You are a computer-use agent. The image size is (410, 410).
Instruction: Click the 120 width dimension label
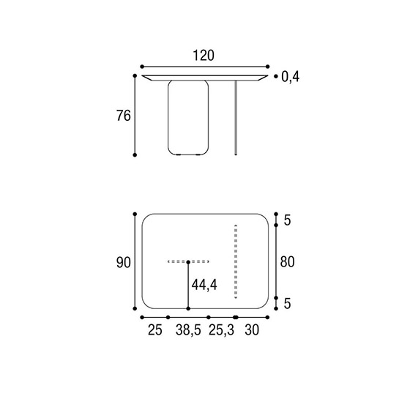point(204,56)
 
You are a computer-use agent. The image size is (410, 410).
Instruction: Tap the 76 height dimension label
point(124,116)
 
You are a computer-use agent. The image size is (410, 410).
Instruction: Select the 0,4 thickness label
point(290,77)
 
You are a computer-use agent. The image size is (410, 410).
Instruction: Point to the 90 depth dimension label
point(124,263)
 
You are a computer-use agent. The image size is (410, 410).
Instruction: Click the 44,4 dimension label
point(204,285)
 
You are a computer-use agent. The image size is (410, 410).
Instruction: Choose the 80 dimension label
point(287,262)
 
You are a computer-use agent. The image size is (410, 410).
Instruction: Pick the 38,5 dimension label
point(188,330)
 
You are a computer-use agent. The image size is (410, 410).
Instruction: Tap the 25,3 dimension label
point(221,330)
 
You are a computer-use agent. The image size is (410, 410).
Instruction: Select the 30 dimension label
point(252,330)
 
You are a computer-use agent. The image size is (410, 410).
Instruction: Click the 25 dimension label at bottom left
point(155,330)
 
